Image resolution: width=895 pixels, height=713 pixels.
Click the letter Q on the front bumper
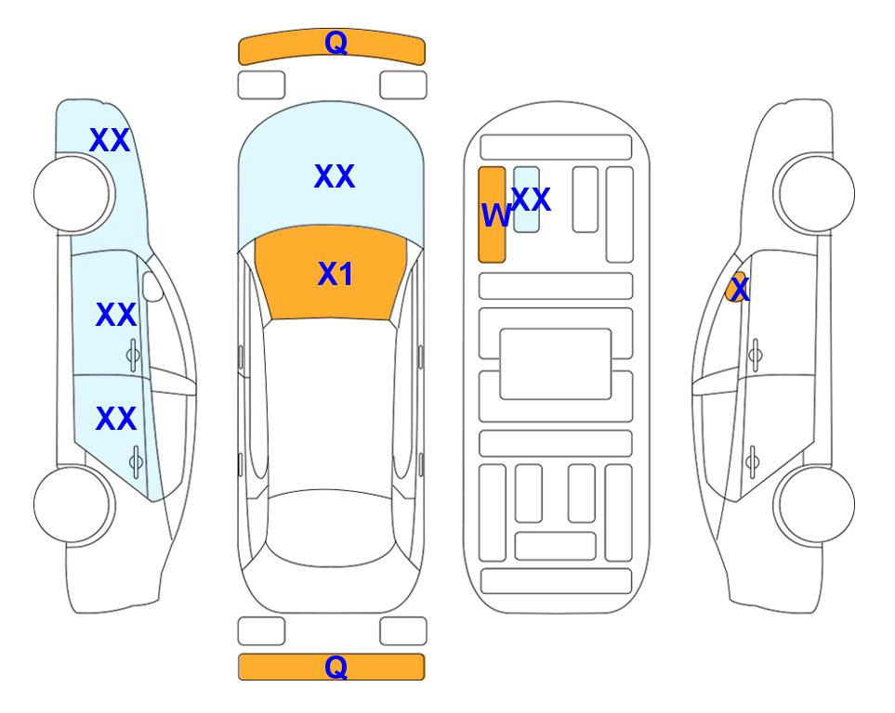[x=336, y=42]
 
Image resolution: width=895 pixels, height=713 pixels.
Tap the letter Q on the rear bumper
[x=336, y=667]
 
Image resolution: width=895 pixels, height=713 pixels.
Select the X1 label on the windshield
[x=336, y=274]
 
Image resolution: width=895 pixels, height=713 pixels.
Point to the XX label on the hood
[x=335, y=176]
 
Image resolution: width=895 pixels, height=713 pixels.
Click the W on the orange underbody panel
[x=495, y=216]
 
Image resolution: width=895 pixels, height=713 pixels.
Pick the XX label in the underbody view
[x=531, y=199]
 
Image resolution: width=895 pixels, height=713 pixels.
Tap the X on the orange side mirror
[x=740, y=290]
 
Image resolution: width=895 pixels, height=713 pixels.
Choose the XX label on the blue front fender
[x=110, y=140]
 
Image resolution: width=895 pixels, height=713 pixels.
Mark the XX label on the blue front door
[x=116, y=316]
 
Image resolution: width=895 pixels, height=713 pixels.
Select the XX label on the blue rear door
[x=116, y=420]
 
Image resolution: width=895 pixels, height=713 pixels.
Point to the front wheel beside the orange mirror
[x=816, y=193]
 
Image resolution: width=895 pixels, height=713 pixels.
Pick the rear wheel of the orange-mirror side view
[x=816, y=504]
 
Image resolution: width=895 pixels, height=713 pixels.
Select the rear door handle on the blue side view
[x=136, y=459]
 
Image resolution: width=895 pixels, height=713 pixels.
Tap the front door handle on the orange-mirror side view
[x=755, y=354]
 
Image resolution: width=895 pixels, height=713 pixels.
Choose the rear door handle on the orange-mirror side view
[x=755, y=459]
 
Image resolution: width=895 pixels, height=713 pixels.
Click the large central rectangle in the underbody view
[x=556, y=364]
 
